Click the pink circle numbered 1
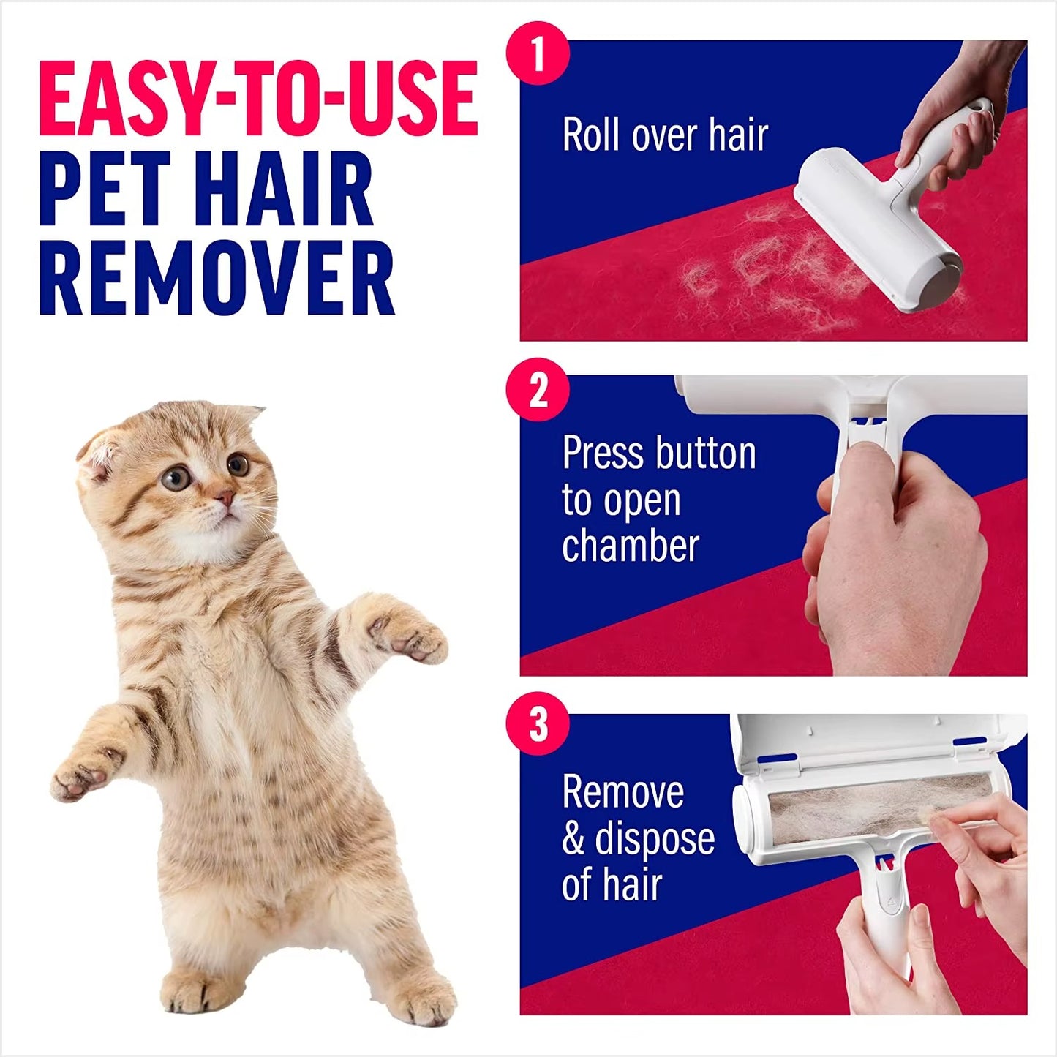click(x=538, y=53)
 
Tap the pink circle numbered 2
click(x=538, y=390)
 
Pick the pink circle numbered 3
click(x=538, y=723)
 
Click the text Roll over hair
click(x=665, y=135)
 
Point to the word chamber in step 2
click(x=631, y=546)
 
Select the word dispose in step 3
click(x=655, y=838)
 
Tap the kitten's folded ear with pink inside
click(x=99, y=458)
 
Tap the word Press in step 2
click(x=595, y=454)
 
